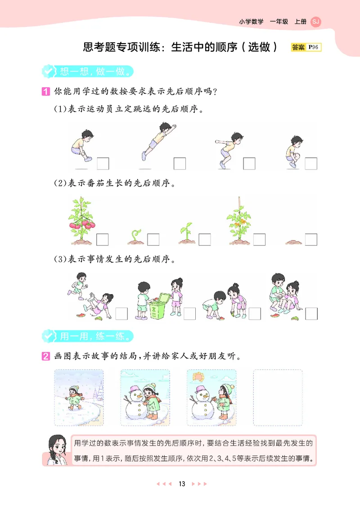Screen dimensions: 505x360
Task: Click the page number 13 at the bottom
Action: [182, 484]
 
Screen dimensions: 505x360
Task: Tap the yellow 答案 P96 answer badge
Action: [306, 47]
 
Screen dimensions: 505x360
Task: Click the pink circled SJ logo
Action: [316, 22]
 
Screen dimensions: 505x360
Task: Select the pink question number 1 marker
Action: [45, 92]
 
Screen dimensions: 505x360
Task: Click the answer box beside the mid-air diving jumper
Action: [180, 164]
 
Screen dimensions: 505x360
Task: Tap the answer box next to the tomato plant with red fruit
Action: [102, 240]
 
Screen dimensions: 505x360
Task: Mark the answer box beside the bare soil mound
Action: [311, 240]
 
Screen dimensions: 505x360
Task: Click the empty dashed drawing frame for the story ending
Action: [278, 398]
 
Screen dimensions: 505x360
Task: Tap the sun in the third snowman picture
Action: [198, 376]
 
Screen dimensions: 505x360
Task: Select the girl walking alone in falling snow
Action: [73, 397]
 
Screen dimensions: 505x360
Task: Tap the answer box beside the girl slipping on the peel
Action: [121, 313]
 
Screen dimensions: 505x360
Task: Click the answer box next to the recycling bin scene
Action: [189, 313]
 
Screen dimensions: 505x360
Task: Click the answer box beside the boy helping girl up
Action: [311, 313]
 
